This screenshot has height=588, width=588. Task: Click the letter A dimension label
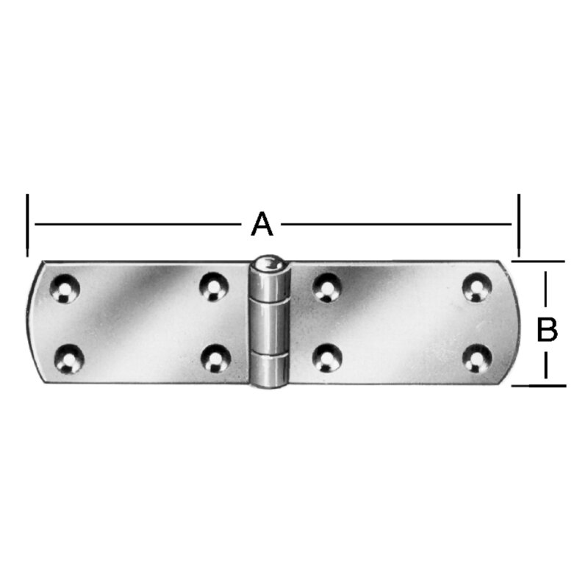[262, 223]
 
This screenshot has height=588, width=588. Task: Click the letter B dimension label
[546, 330]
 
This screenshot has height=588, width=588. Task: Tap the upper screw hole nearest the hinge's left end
[65, 287]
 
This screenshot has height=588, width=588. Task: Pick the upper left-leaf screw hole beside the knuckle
[214, 286]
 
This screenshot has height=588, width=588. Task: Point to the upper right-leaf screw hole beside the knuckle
[326, 286]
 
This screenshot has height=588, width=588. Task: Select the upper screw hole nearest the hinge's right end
[476, 286]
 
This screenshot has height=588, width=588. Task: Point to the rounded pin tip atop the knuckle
[269, 263]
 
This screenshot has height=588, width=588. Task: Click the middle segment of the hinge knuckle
[268, 327]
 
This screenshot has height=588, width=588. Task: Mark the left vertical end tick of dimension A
[27, 224]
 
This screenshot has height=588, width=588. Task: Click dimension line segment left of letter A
[140, 223]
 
